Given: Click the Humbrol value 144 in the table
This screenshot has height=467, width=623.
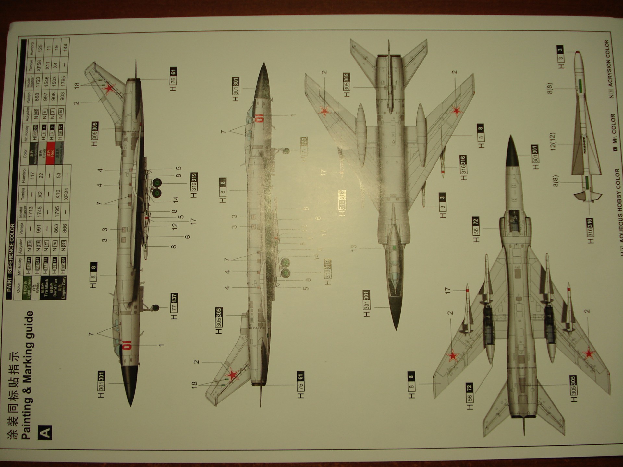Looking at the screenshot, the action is (x=66, y=47).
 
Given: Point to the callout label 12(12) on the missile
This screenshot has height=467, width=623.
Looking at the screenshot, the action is (x=553, y=141).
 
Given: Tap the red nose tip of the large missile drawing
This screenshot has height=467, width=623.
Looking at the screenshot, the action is (x=577, y=52).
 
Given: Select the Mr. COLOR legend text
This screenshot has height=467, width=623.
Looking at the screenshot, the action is (x=613, y=128).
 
